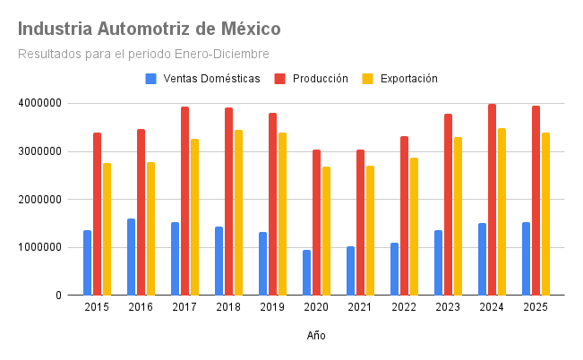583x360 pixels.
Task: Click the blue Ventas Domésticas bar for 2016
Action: pyautogui.click(x=132, y=256)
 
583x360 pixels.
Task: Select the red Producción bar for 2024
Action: pyautogui.click(x=492, y=199)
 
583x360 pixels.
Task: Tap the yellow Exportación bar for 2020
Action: pyautogui.click(x=326, y=230)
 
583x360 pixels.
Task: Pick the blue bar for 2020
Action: pyautogui.click(x=306, y=272)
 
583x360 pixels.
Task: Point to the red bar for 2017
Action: pyautogui.click(x=184, y=201)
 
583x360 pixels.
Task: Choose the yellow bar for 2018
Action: pyautogui.click(x=238, y=212)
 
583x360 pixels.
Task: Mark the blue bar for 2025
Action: pyautogui.click(x=526, y=258)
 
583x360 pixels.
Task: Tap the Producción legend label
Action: pyautogui.click(x=320, y=79)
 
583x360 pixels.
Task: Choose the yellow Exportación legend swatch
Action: pyautogui.click(x=367, y=79)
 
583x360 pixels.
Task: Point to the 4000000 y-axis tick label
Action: pyautogui.click(x=39, y=103)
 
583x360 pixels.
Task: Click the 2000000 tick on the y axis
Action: pyautogui.click(x=39, y=199)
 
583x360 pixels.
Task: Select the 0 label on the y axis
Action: pyautogui.click(x=58, y=295)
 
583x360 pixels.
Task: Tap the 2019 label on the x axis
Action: pyautogui.click(x=272, y=307)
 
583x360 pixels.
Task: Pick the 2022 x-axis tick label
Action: pyautogui.click(x=404, y=307)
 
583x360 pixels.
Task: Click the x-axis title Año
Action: pyautogui.click(x=316, y=336)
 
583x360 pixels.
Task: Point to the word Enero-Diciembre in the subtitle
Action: pyautogui.click(x=226, y=54)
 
